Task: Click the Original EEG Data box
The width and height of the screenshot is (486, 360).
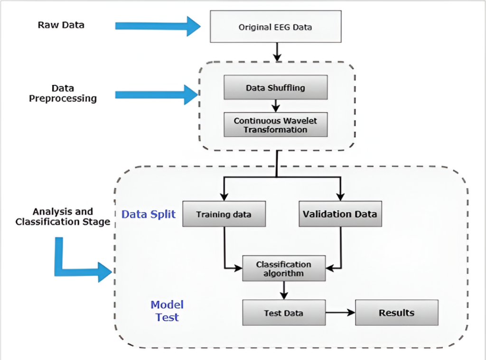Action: click(276, 27)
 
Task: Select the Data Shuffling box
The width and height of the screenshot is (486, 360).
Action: click(276, 87)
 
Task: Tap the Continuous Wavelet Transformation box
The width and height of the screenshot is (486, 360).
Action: click(276, 125)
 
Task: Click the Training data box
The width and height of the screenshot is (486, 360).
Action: click(224, 214)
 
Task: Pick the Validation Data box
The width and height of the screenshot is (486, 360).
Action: click(340, 214)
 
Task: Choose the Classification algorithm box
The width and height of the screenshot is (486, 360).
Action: click(284, 268)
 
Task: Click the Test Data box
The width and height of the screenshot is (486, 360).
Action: click(284, 313)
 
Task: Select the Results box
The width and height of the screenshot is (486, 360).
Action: click(397, 313)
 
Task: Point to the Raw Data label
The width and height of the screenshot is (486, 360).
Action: click(61, 25)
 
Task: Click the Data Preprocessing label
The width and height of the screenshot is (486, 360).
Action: click(63, 93)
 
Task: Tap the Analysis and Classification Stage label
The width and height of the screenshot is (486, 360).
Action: click(63, 217)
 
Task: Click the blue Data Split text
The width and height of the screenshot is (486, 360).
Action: click(149, 214)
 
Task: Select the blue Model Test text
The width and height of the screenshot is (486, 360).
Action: click(167, 311)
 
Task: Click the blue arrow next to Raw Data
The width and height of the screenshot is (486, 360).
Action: click(158, 27)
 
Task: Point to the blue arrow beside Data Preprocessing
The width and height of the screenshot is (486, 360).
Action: click(157, 94)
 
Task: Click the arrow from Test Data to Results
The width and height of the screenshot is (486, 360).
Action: click(340, 313)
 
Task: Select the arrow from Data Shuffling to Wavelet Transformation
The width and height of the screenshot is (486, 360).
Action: click(276, 106)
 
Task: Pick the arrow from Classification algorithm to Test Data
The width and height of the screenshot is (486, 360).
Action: click(284, 290)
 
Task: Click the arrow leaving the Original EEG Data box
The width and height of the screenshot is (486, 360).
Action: click(277, 52)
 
